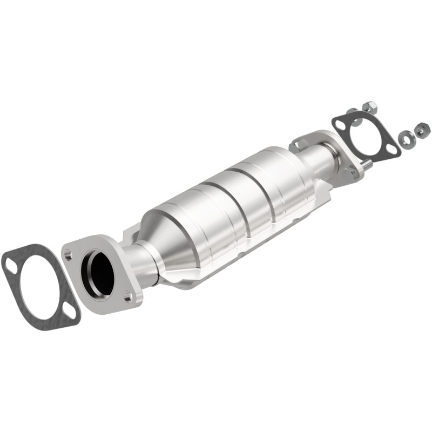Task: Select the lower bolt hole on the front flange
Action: (x=127, y=297)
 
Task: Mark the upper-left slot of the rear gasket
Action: (x=340, y=125)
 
